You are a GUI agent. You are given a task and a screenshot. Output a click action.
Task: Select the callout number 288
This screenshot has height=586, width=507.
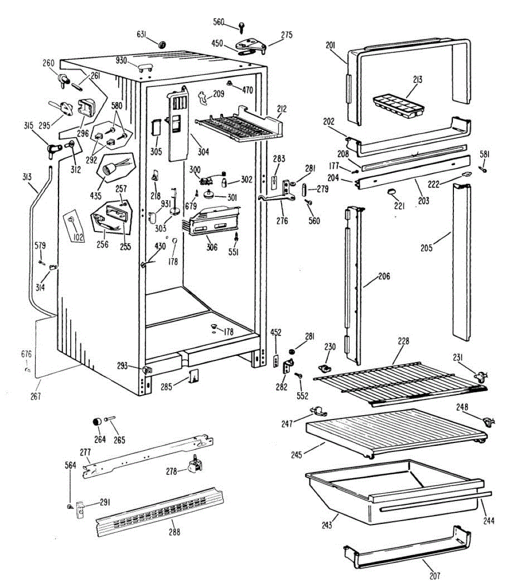point(175,532)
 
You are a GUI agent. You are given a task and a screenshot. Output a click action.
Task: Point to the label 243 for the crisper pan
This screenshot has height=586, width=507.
point(327,525)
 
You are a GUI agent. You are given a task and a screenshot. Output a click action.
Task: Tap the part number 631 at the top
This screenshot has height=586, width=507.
point(142,34)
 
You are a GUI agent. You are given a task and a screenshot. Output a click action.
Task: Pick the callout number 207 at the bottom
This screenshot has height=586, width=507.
point(434,576)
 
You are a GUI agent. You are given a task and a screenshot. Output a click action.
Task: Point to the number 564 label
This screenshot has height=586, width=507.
point(71,465)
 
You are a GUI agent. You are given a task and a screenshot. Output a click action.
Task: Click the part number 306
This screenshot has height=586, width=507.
point(211,248)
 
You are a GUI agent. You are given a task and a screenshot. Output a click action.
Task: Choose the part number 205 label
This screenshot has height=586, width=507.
point(426,248)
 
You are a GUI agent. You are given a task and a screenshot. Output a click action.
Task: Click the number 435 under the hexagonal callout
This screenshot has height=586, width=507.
point(96,196)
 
